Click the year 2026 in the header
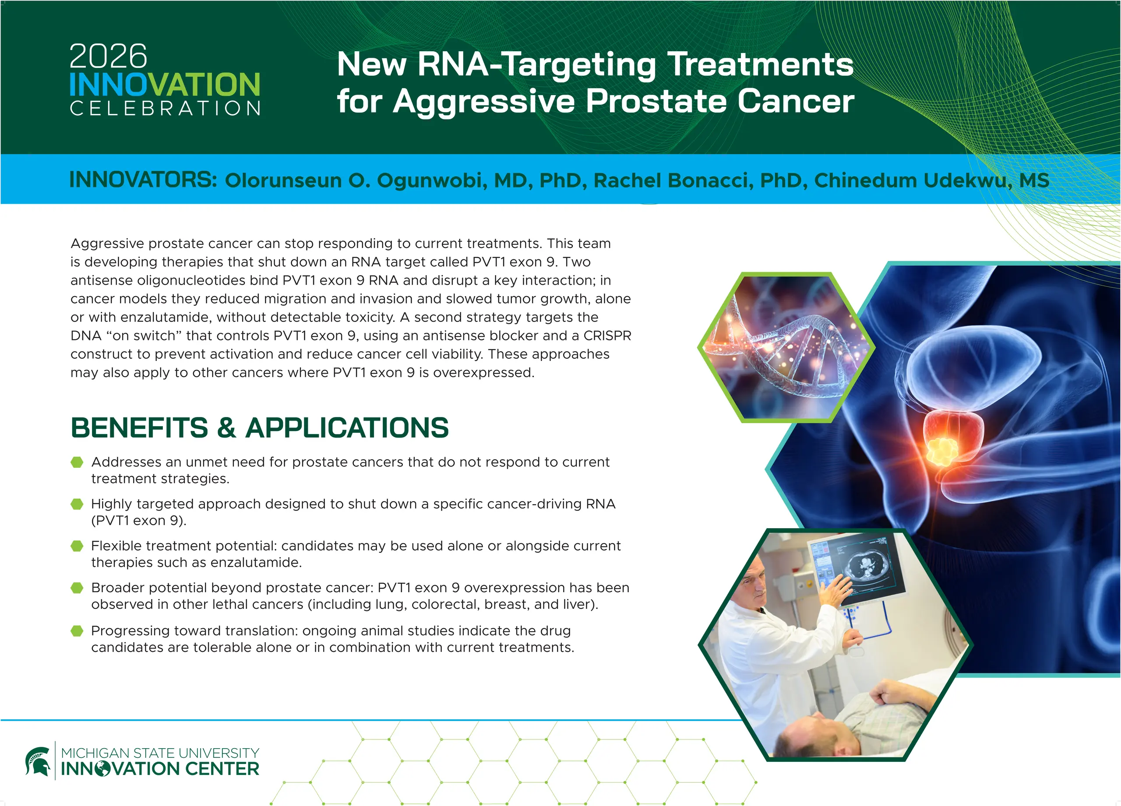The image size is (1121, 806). point(108,57)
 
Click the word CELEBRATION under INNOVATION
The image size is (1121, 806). point(165,108)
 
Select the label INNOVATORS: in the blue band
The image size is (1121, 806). point(143,180)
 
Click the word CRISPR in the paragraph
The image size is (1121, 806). point(607,336)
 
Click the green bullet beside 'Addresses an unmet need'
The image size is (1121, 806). point(77,462)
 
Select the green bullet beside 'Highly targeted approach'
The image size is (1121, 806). point(77,504)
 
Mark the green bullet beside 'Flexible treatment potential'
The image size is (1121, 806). point(77,546)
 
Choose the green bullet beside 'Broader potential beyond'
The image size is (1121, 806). point(77,588)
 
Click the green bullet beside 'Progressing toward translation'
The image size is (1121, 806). point(77,631)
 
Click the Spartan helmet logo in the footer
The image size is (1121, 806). point(38,761)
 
